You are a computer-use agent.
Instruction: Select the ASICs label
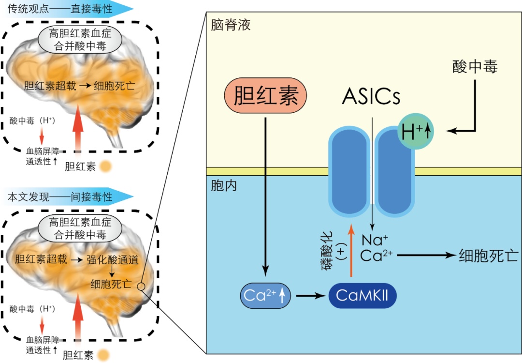(x=371, y=96)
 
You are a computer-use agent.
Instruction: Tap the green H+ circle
(x=415, y=132)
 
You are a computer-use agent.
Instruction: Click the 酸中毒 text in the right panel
(x=475, y=67)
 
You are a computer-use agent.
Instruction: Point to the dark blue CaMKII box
(x=362, y=295)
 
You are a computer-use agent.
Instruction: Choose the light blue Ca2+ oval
(x=265, y=295)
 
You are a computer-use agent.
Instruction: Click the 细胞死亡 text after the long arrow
(x=488, y=255)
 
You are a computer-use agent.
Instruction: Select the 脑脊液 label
(x=231, y=25)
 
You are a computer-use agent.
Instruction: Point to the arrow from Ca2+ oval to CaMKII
(x=309, y=295)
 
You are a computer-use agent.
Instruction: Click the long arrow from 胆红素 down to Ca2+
(x=265, y=194)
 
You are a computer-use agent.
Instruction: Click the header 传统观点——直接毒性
(x=60, y=8)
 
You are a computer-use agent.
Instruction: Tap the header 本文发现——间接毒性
(x=60, y=197)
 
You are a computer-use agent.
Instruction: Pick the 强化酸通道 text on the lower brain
(x=113, y=260)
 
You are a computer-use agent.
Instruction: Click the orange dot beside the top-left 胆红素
(x=106, y=167)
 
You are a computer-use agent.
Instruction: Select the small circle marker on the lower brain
(x=141, y=287)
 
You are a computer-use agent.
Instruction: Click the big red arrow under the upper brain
(x=77, y=128)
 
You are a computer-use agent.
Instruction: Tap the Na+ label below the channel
(x=375, y=240)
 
